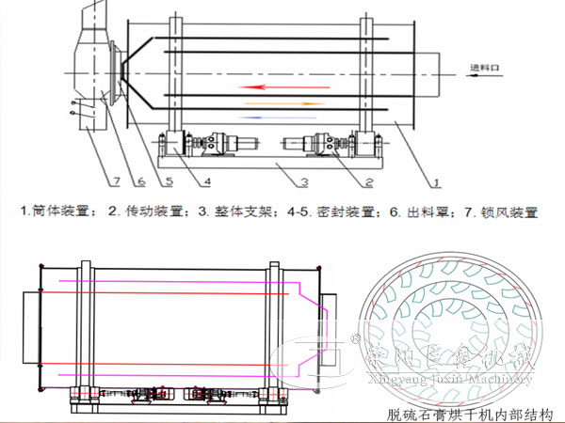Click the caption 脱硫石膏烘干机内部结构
pos(470,414)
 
